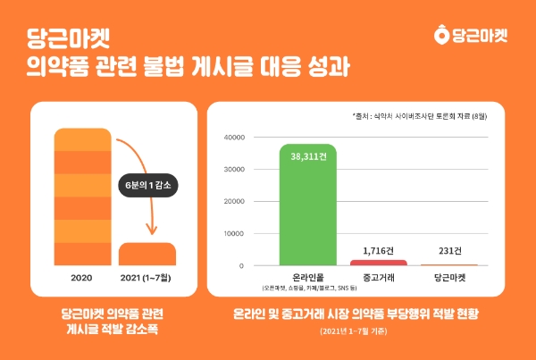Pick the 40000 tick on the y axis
point(233,138)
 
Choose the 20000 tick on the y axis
point(233,202)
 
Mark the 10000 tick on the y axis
point(233,234)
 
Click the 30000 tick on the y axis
point(233,170)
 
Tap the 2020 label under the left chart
point(83,278)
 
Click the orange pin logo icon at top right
point(439,36)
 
